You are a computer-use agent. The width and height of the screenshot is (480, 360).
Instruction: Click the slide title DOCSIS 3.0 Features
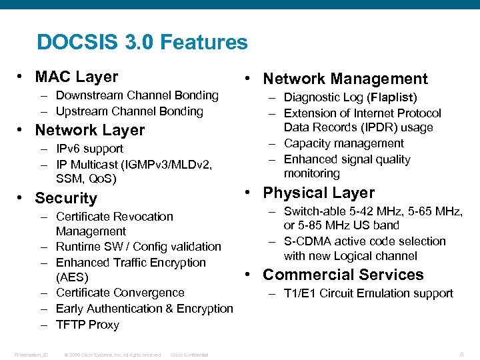pos(142,43)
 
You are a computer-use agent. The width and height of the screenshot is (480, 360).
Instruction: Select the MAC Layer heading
pos(76,77)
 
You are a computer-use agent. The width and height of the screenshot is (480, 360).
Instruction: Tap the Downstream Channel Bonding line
pos(137,95)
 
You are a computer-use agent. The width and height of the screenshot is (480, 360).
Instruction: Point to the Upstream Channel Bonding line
pos(129,111)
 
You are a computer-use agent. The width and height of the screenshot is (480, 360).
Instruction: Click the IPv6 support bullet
pos(89,149)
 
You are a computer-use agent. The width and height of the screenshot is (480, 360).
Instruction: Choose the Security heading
pos(65,198)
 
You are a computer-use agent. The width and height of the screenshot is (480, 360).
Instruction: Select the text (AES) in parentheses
pos(72,277)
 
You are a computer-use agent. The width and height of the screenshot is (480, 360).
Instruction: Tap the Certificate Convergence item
pos(120,293)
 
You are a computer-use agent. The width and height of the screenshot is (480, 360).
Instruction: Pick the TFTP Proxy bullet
pos(87,325)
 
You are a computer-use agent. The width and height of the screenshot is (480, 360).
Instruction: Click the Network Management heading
pos(345,79)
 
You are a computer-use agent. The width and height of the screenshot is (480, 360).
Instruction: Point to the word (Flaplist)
pos(391,98)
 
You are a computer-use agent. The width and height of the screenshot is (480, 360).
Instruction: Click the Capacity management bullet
pos(343,143)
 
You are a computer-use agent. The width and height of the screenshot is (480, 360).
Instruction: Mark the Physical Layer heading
pos(319,193)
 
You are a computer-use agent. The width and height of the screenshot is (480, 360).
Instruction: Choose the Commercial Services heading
pos(343,275)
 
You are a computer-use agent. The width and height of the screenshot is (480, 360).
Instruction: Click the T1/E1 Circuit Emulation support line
pos(368,293)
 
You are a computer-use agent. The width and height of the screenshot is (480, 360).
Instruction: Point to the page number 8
pos(461,355)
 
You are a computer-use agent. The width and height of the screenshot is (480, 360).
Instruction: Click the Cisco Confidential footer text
pos(189,355)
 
